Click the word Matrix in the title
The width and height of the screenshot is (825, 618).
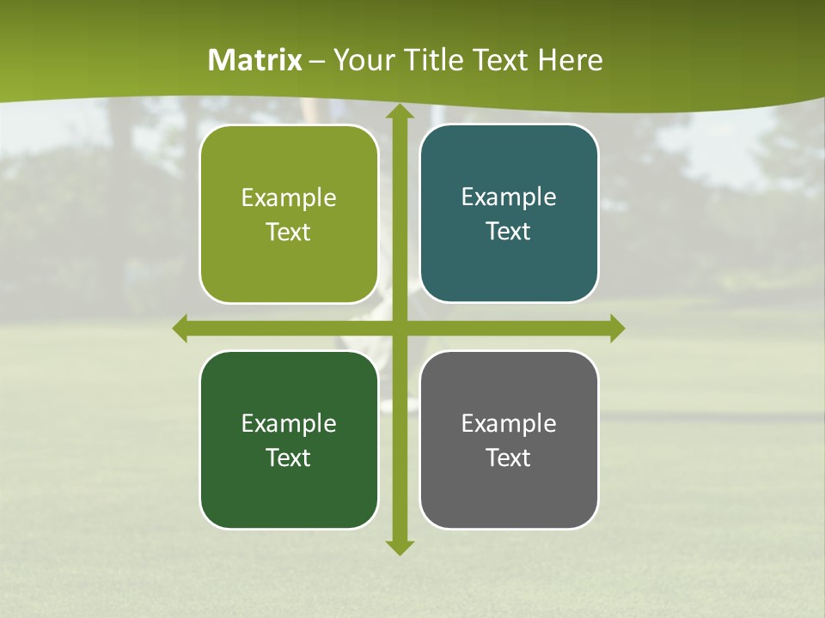pos(255,60)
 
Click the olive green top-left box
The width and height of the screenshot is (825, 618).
pos(289,215)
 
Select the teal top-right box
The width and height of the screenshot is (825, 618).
pos(509,214)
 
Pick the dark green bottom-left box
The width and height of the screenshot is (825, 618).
pos(289,439)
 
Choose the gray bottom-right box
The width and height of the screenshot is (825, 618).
pos(509,439)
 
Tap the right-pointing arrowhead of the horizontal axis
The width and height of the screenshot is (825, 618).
pos(616,328)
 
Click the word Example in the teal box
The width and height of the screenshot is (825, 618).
pos(509,197)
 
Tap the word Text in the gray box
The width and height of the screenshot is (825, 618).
pos(509,457)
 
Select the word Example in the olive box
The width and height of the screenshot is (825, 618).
pos(289,197)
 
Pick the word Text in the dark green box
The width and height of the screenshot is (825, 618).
pos(289,457)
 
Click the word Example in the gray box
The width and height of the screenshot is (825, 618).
pos(509,423)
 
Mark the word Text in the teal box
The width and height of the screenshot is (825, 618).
pos(509,232)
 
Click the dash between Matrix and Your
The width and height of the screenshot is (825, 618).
pos(317,61)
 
